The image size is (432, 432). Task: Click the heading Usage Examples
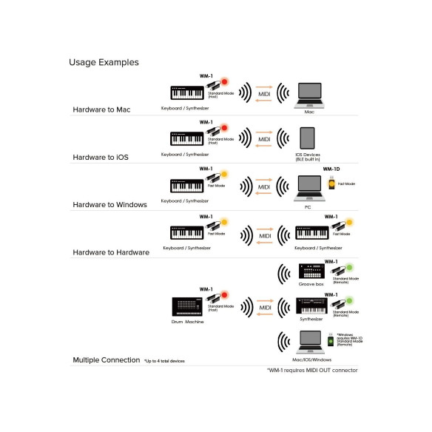(104, 63)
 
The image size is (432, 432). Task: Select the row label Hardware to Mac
(101, 109)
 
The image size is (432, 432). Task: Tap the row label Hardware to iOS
(101, 157)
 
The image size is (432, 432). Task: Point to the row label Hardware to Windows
(109, 204)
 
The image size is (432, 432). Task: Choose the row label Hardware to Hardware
(111, 252)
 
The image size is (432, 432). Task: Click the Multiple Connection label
(106, 360)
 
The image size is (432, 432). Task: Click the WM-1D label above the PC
(331, 169)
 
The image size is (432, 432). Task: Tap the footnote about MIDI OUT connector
(311, 370)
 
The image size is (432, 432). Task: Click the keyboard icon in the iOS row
(185, 138)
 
